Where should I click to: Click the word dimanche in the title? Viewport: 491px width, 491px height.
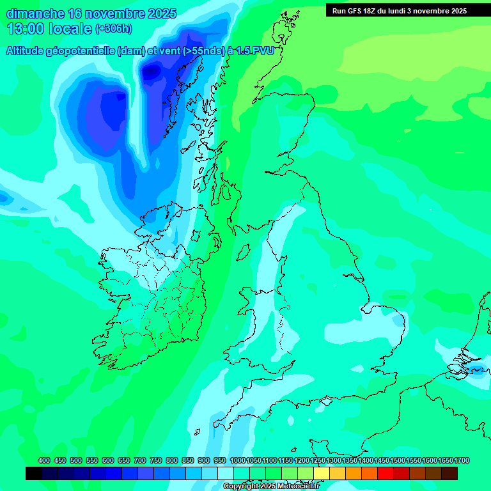click(35, 14)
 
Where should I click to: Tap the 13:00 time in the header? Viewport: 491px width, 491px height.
click(26, 29)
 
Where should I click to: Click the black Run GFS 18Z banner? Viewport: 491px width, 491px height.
click(399, 11)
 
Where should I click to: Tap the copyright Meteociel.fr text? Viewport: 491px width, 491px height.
click(271, 487)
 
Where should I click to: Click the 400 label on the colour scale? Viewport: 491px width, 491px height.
click(44, 460)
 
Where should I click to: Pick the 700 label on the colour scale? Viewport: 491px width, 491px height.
click(140, 460)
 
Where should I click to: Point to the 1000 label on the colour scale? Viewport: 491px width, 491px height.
click(237, 460)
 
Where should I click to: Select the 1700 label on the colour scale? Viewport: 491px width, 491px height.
click(462, 460)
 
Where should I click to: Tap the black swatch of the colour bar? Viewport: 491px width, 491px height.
click(34, 473)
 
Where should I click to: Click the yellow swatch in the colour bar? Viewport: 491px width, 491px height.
click(322, 473)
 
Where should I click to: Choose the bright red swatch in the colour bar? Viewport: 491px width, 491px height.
click(386, 473)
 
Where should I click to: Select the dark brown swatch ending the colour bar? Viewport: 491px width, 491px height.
click(449, 473)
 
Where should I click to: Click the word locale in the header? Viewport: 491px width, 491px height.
click(70, 29)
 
